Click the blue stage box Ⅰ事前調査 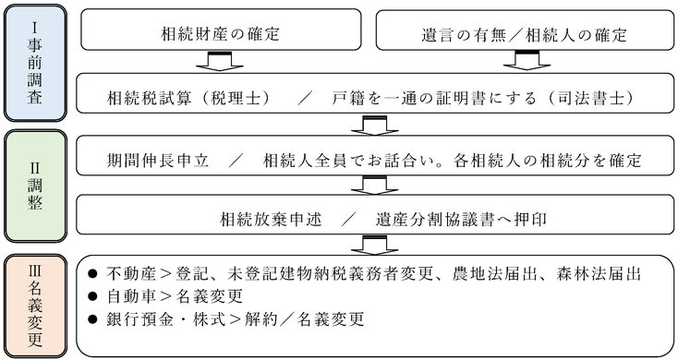tap(33, 63)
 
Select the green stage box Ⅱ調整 tap(33, 185)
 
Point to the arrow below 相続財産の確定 tap(219, 61)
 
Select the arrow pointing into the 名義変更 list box tap(374, 245)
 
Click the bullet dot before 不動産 tap(92, 276)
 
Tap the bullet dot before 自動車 tap(92, 297)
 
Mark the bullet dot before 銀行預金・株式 tap(92, 319)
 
